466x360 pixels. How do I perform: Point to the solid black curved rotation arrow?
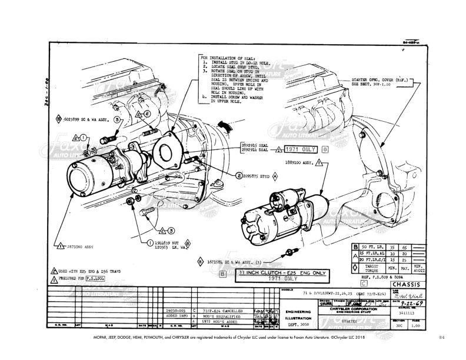click(x=223, y=124)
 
